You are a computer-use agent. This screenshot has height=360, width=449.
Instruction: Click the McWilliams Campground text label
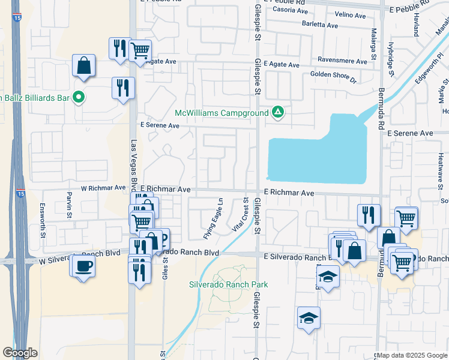click(221, 113)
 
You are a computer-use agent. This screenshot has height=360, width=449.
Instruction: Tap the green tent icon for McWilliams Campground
click(277, 112)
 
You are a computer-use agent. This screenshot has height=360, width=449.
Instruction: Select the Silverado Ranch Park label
click(228, 284)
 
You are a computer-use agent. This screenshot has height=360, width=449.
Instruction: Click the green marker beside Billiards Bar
click(79, 97)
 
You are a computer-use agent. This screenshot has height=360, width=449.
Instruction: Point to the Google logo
click(20, 353)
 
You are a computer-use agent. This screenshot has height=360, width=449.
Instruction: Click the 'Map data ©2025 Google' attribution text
click(411, 356)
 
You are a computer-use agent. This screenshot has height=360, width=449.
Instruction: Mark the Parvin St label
click(69, 205)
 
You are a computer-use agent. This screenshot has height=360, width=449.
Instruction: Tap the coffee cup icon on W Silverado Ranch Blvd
click(82, 265)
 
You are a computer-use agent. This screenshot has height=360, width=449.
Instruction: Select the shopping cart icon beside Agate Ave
click(139, 50)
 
